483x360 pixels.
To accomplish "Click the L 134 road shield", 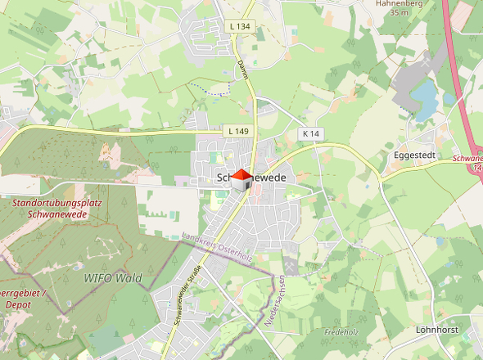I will point(240,27).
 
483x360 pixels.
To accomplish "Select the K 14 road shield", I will point(309,133).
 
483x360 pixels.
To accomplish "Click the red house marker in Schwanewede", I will point(241,179).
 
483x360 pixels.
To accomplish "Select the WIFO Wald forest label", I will point(113,278).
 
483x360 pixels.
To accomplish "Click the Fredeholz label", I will point(342,332).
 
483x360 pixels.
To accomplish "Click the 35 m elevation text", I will point(399,13).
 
